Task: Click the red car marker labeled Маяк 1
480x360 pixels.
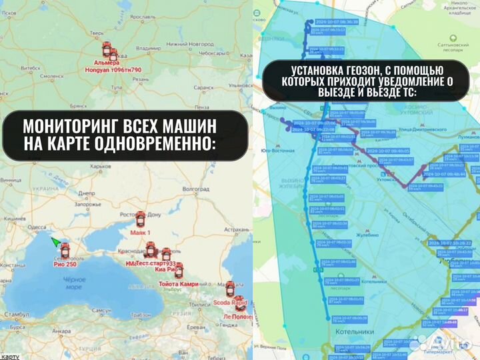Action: pos(141,219)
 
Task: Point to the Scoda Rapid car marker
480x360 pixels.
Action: pos(230,289)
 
